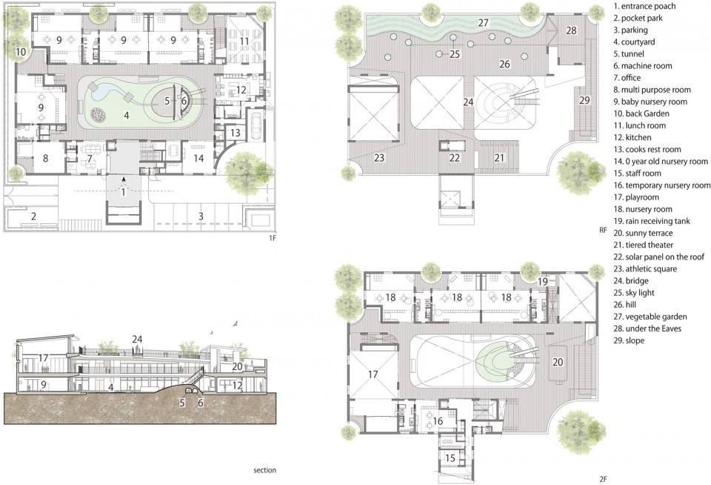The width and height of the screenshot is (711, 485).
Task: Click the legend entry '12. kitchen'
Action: click(x=632, y=137)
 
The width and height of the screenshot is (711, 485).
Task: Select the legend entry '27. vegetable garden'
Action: click(x=650, y=317)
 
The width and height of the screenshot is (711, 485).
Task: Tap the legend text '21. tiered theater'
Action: click(x=644, y=245)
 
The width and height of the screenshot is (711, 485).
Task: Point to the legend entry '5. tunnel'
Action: click(x=629, y=53)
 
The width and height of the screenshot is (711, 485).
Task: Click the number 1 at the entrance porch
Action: click(x=123, y=192)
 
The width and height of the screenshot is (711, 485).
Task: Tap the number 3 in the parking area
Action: click(x=201, y=216)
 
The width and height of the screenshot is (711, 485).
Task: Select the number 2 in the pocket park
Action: click(x=33, y=216)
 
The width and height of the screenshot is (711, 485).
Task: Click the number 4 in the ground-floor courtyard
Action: click(x=127, y=116)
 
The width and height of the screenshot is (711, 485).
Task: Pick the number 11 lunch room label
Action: click(x=244, y=42)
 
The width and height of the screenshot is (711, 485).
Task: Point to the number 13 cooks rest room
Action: click(x=235, y=133)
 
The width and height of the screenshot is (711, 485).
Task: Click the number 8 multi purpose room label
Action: click(x=45, y=159)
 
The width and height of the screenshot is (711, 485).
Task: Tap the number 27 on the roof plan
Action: click(x=484, y=23)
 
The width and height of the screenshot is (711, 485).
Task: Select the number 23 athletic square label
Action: click(x=379, y=157)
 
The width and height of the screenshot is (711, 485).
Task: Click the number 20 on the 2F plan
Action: click(x=558, y=362)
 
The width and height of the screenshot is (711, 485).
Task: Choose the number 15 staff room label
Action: click(x=450, y=458)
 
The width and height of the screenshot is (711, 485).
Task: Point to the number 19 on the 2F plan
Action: click(x=543, y=282)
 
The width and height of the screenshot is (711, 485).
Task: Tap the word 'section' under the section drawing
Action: click(x=265, y=470)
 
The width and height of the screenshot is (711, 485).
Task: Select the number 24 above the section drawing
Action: click(x=137, y=339)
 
